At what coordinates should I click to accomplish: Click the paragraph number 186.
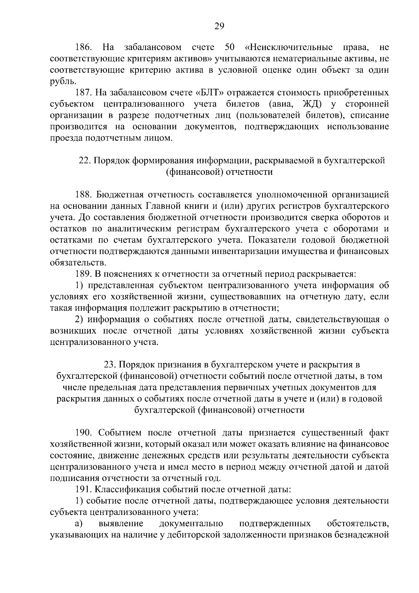[x=84, y=48]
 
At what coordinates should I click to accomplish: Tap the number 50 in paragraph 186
[x=230, y=48]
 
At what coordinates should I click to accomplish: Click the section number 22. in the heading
[x=85, y=161]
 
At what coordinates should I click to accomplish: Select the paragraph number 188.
[x=84, y=195]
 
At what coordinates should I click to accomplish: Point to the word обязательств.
[x=78, y=262]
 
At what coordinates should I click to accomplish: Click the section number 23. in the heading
[x=110, y=365]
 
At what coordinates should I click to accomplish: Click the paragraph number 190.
[x=84, y=433]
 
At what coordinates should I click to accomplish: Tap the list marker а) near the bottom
[x=79, y=523]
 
